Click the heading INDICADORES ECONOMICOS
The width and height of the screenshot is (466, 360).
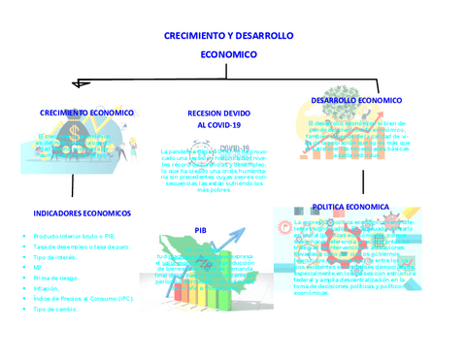pos(82,213)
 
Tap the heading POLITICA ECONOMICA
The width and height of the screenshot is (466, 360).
pos(350,207)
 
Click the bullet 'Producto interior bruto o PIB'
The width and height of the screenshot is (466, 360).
pos(74,236)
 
